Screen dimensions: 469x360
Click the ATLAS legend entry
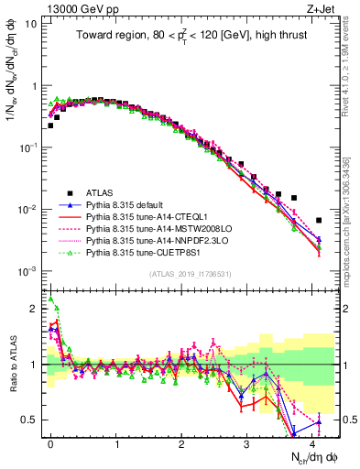tap(102, 192)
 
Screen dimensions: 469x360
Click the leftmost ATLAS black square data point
tap(50, 125)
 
